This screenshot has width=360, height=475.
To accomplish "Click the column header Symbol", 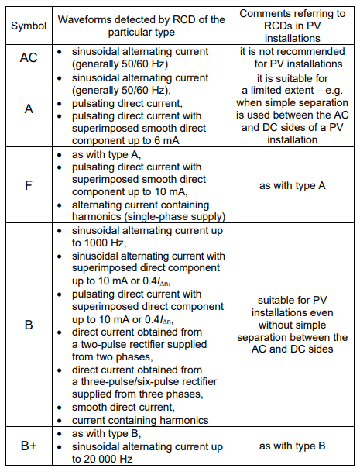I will [29, 26].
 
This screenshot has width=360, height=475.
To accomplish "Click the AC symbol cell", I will [29, 57].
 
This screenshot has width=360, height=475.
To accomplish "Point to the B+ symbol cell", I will [29, 446].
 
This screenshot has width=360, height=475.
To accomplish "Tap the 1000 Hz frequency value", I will [91, 240].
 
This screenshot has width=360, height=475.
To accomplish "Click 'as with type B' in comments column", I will [297, 446].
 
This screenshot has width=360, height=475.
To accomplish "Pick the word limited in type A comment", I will [268, 102].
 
